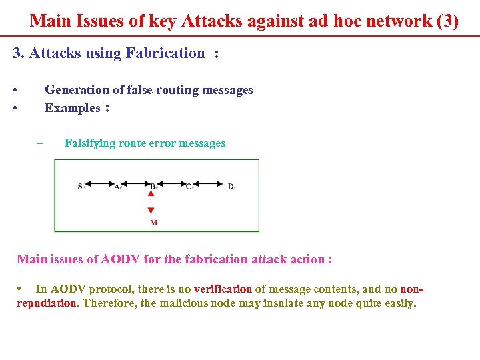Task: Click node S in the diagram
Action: pyautogui.click(x=80, y=187)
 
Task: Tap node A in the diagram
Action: pyautogui.click(x=117, y=187)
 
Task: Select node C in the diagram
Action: pyautogui.click(x=188, y=187)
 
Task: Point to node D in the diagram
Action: pyautogui.click(x=230, y=187)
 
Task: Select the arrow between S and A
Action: pyautogui.click(x=99, y=186)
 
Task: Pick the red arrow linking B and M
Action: pyautogui.click(x=151, y=203)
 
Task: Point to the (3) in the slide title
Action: pyautogui.click(x=447, y=21)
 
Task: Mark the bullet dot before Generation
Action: pyautogui.click(x=15, y=90)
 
